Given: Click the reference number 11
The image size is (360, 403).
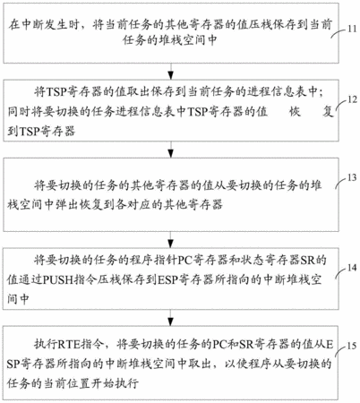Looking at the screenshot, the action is click(x=352, y=29).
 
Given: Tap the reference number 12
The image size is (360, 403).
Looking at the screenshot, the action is click(x=352, y=99).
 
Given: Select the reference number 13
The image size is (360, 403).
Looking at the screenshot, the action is click(x=352, y=177).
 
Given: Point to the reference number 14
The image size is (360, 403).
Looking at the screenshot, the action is click(x=352, y=268).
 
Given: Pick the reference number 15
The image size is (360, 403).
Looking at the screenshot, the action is click(x=352, y=346).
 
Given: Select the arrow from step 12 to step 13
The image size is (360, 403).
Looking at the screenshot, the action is click(x=170, y=150).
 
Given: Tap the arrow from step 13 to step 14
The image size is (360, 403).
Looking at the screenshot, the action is click(x=170, y=239).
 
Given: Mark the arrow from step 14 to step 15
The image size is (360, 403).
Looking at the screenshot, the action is click(x=170, y=318).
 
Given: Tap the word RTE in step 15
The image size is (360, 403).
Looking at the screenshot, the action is click(x=69, y=345).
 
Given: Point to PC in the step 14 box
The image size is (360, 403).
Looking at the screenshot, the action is click(x=185, y=261).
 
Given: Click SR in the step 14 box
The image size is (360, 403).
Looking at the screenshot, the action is click(x=307, y=261).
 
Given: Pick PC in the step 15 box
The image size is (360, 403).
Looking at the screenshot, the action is click(x=219, y=345).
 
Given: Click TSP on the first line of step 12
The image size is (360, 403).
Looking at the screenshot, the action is click(x=56, y=91).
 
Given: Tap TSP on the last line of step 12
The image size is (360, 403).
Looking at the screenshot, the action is click(x=30, y=131).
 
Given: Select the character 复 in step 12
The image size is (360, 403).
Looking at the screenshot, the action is click(x=328, y=112).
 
